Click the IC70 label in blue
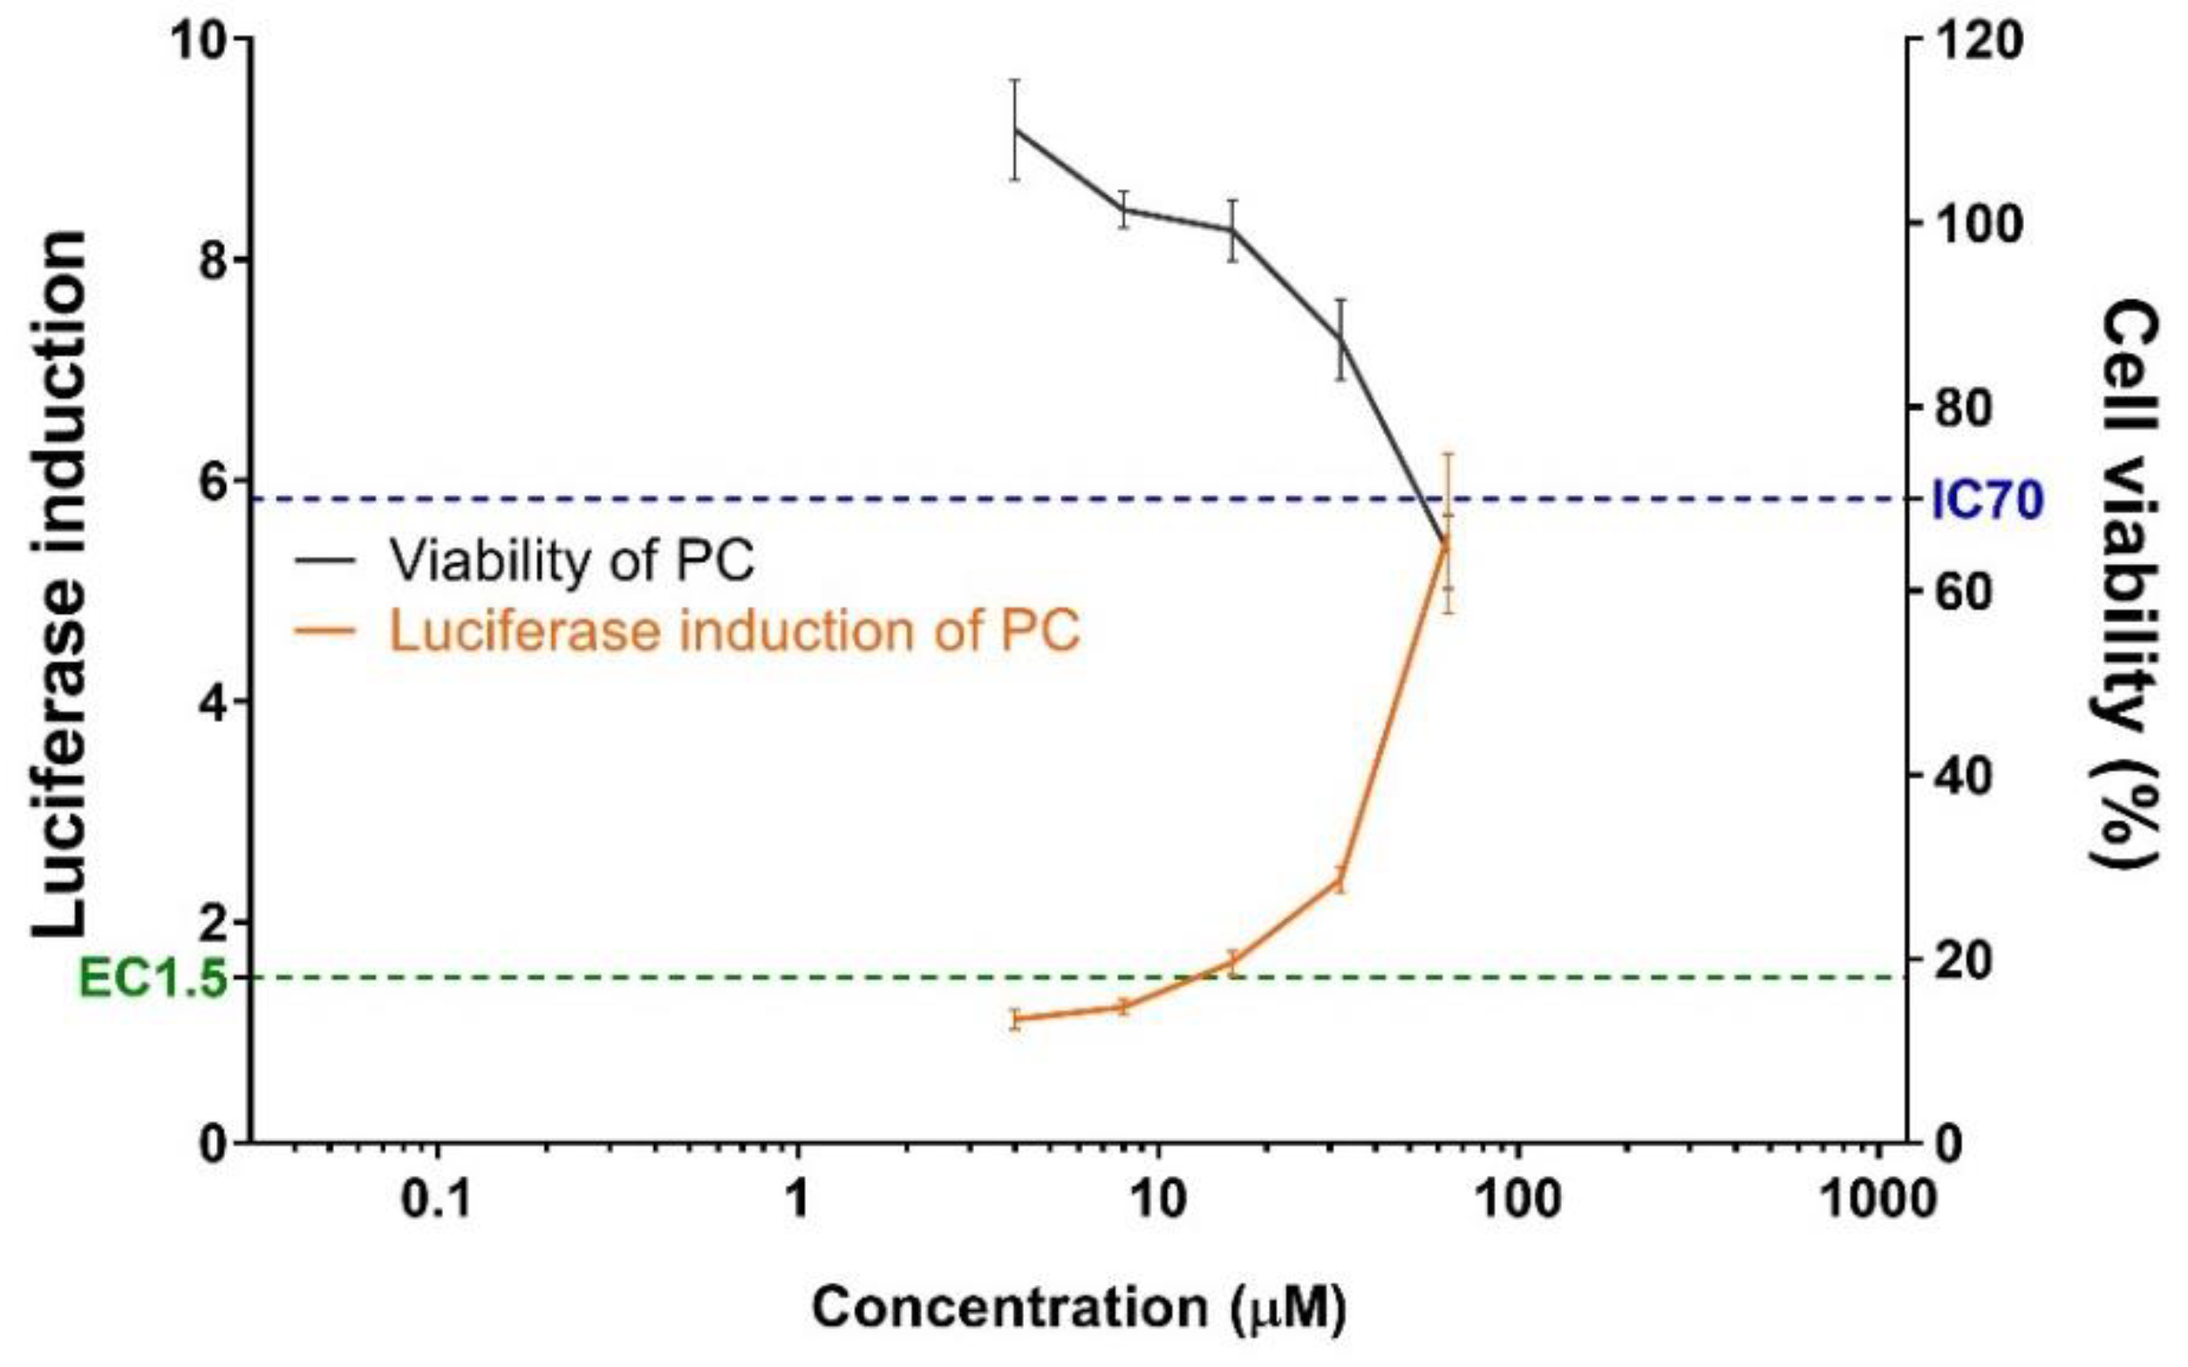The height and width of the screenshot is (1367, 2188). [x=1987, y=500]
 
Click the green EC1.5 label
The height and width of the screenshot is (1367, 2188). [x=152, y=978]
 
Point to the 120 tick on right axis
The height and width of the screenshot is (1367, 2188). [x=1974, y=42]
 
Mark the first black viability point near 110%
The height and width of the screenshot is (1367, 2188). [x=1015, y=130]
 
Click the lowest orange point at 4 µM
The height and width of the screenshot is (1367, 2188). [x=1015, y=1019]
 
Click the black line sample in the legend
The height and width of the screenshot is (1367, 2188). [x=324, y=560]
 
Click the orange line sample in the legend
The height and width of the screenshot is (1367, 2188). [x=324, y=630]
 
